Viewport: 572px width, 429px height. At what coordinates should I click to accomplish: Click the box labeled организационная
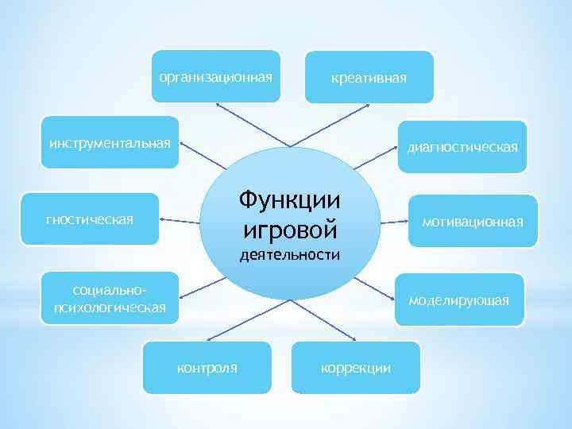coord(216,77)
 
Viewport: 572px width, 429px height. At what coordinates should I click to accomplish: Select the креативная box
coord(369,77)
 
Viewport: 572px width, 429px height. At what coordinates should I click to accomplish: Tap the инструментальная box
coord(110,144)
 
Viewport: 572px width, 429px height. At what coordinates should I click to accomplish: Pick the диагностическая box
coord(462,146)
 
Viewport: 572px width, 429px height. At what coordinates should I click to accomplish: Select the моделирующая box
coord(459,300)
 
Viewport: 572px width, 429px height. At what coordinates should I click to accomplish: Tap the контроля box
coord(207,367)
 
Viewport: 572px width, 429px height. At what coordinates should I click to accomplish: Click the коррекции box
coord(355,367)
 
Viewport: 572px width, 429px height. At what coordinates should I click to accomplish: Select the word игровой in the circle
coord(288,229)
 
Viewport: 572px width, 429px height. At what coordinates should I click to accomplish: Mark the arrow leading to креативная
coord(322,127)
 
